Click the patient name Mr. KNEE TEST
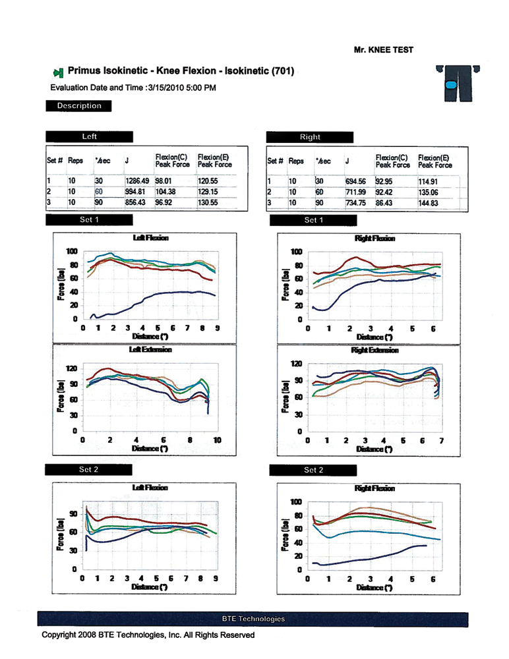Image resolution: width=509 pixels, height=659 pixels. coord(384,49)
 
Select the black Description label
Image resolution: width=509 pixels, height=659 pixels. coord(79,105)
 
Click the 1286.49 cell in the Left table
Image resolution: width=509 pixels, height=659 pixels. coord(136,179)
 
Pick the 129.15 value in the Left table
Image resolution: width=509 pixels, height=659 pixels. coord(208,190)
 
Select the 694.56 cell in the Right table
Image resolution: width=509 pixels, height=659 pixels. coord(357,181)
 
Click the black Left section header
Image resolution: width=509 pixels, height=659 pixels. coord(89,136)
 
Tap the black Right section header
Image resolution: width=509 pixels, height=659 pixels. coord(309,137)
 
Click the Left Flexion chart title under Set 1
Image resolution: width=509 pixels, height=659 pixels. coord(150,238)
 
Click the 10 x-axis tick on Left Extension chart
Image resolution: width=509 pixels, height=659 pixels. coord(217,440)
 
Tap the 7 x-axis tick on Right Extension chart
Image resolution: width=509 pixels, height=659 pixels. coord(441,440)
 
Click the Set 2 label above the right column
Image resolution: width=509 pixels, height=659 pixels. coord(314,471)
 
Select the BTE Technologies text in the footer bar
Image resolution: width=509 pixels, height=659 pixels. coord(254,619)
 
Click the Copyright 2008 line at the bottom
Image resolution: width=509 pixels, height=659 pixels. coord(148,635)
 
